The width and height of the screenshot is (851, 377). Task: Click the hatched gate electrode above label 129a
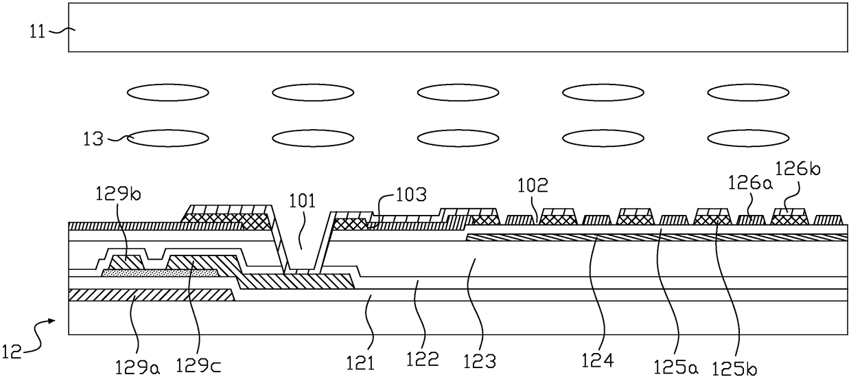pos(151,295)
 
